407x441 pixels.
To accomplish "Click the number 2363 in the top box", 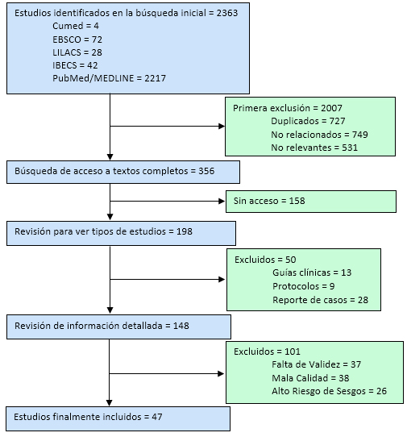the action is tap(227, 13).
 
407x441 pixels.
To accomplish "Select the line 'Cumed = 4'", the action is tap(76, 26).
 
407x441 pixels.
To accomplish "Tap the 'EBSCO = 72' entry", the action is tap(77, 40).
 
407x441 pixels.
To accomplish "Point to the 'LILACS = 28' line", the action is tap(77, 52).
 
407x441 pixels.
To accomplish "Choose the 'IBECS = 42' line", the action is tap(75, 65).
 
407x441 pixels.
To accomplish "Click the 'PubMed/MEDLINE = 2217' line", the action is tap(109, 78).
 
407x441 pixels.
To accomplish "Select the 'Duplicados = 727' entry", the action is tap(308, 121).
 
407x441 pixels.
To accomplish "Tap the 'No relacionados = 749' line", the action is tap(319, 135).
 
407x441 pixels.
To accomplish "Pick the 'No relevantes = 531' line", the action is tap(314, 148).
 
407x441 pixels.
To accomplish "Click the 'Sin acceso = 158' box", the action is tap(311, 202).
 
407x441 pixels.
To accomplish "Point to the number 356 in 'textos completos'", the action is tap(206, 171).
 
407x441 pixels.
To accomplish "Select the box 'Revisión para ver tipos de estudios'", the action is tap(121, 234).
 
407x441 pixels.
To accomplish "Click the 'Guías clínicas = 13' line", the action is tap(312, 273).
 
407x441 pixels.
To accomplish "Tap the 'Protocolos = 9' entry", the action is tap(304, 286).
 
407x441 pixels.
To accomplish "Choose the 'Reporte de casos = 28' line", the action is tap(321, 300).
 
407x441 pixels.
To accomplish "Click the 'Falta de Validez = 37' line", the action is tap(316, 364).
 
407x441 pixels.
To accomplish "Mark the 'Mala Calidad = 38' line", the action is tap(310, 378).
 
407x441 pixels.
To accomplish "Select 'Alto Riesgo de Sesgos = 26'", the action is tap(329, 391).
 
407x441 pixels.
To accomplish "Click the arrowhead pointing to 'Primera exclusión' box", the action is tap(222, 127).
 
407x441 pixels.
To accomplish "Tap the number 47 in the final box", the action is tap(157, 417).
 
